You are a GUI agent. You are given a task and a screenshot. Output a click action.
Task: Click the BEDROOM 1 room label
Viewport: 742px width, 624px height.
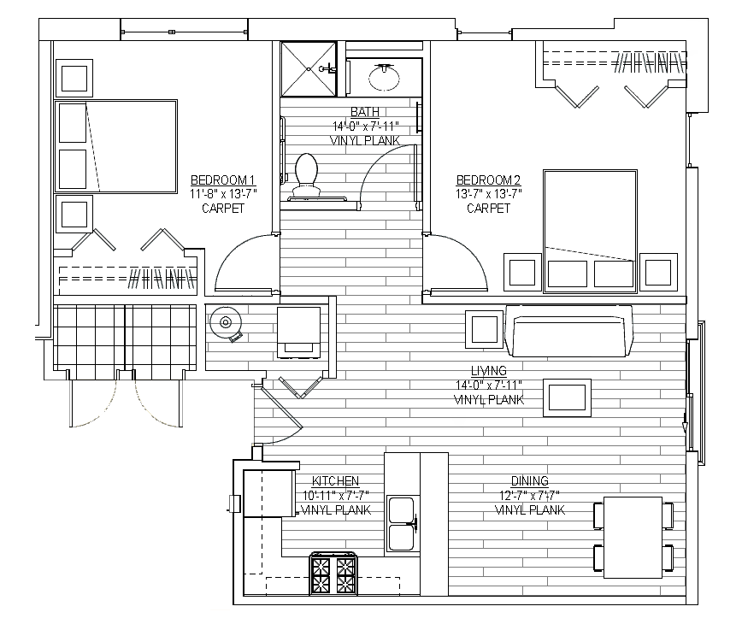tap(223, 180)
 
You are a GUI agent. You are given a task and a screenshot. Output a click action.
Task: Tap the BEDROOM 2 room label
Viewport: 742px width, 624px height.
tap(488, 180)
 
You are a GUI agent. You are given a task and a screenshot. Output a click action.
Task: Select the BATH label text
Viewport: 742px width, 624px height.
tap(365, 112)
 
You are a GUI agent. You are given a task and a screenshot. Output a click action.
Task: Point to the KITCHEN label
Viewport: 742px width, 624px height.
tap(335, 481)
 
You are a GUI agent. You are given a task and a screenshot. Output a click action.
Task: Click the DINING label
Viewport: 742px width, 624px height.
tap(529, 481)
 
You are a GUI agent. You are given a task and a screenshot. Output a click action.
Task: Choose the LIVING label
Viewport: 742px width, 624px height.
tap(489, 371)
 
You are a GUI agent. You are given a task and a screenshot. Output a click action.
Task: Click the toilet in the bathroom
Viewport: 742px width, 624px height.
tap(306, 174)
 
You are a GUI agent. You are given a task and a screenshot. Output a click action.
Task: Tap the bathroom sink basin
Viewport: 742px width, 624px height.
tap(384, 77)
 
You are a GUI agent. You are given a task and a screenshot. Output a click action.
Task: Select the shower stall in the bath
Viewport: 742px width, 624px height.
tap(309, 69)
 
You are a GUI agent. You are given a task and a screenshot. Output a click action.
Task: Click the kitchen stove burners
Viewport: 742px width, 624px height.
tap(333, 574)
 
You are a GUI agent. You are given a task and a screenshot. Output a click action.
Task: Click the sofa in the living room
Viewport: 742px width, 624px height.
tap(568, 331)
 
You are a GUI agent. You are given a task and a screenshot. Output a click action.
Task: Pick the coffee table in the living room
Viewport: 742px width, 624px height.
tap(567, 397)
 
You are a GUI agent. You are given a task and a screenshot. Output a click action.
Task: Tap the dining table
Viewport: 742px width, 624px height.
tap(633, 538)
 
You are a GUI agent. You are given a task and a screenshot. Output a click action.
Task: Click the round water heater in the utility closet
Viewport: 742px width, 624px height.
tap(226, 323)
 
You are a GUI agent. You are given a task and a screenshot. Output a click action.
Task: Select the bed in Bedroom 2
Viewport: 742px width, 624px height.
tap(590, 232)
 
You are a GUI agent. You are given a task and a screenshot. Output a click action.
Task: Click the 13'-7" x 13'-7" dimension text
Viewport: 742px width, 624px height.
tap(488, 194)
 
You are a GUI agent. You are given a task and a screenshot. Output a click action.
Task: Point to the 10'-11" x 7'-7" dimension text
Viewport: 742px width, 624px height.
tap(335, 495)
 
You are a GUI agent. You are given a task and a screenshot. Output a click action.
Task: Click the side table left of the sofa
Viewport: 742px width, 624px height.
tap(484, 329)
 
